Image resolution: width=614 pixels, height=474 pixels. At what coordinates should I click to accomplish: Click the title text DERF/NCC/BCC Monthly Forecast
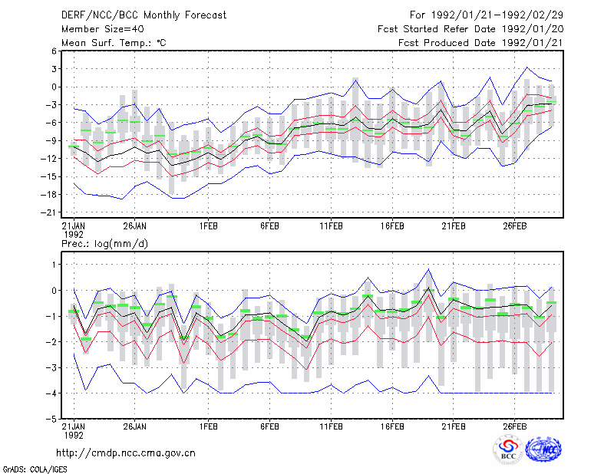point(144,15)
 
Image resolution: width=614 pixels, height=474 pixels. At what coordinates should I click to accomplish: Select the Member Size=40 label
point(103,29)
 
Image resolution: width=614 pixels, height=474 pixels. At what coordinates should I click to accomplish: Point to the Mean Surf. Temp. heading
point(114,43)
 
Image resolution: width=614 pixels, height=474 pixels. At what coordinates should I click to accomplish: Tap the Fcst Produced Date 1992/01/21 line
point(480,43)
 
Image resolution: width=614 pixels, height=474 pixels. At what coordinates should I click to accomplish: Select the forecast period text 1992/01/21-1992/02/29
point(497,15)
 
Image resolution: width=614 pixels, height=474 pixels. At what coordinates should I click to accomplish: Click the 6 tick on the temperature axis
point(54,51)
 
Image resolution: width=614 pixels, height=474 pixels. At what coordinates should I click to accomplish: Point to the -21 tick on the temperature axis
point(48,212)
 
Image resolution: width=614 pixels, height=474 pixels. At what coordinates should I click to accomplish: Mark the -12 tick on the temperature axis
point(48,159)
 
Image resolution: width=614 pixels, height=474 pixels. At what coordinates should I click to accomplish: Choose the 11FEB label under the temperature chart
point(332,226)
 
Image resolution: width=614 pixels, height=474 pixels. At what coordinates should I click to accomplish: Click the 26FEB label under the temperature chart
point(514,226)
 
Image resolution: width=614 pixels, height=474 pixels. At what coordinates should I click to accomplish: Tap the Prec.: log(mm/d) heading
point(104,244)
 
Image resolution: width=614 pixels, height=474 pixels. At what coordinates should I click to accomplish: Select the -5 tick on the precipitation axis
point(51,419)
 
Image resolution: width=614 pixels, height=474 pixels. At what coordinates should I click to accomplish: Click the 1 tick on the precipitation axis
point(54,265)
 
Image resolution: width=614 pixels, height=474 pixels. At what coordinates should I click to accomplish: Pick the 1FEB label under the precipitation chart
point(208,426)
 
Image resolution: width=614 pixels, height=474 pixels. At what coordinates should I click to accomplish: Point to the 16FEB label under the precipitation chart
point(392,426)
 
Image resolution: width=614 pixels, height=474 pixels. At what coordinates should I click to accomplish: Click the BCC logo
point(508,449)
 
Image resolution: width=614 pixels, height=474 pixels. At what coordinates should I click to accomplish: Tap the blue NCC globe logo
point(543,449)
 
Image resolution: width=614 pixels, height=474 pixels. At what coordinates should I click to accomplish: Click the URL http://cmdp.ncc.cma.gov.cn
point(126,453)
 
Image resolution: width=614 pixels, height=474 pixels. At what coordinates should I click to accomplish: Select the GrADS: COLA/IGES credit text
point(35,469)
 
